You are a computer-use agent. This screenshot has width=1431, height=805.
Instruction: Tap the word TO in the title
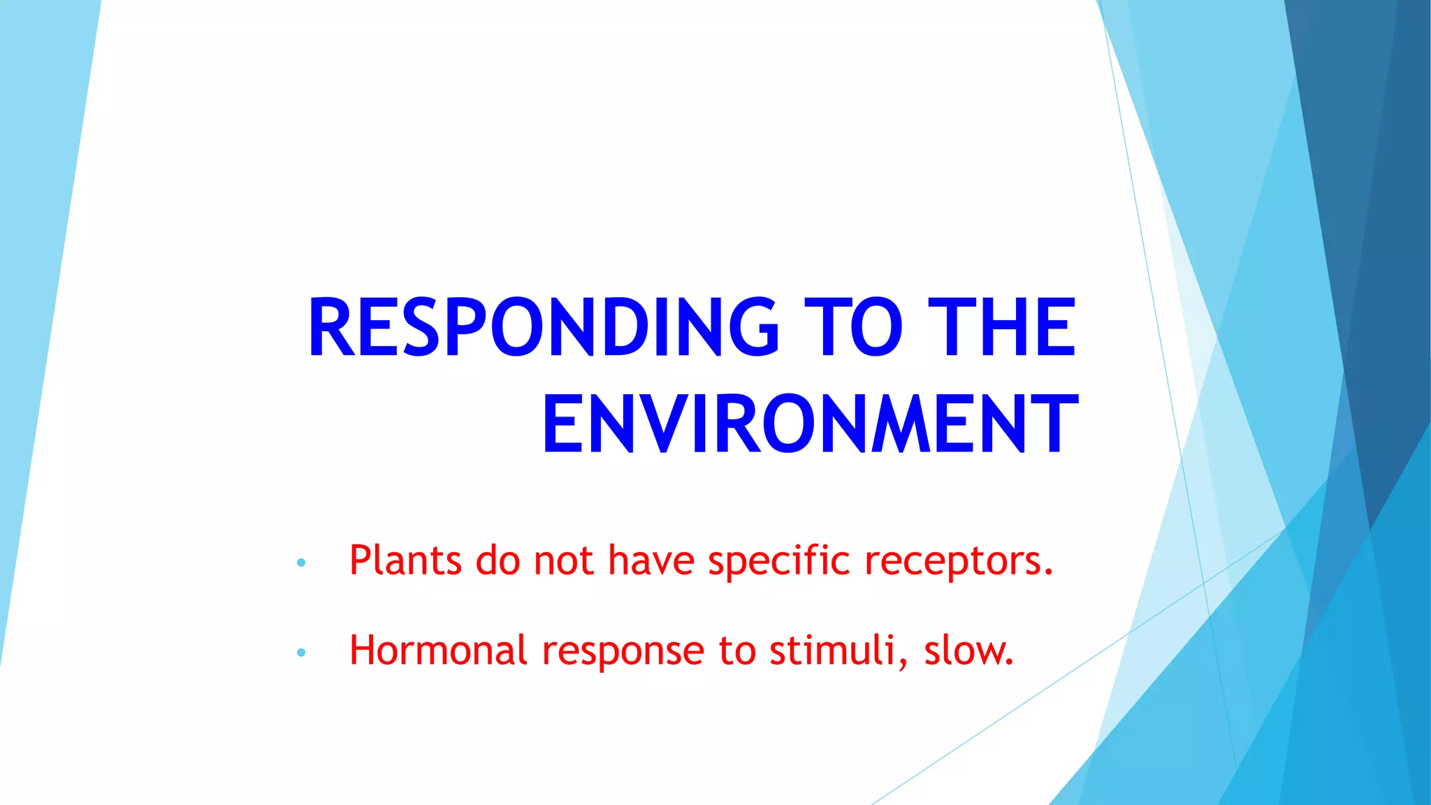point(852,327)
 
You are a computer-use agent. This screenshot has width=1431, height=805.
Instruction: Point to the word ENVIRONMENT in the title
point(811,424)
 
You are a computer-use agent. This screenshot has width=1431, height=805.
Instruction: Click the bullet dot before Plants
point(301,563)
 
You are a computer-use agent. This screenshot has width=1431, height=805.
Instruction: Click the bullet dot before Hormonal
point(301,653)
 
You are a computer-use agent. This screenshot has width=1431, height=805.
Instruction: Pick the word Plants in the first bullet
point(405,560)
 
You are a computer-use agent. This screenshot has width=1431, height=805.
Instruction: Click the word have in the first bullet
point(651,560)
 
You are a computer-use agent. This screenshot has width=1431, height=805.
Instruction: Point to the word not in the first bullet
point(563,561)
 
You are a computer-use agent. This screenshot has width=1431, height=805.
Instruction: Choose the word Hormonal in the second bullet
point(438,651)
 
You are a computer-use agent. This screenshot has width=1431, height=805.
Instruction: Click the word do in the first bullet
point(497,560)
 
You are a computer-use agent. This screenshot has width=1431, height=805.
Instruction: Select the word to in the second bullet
point(737,651)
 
